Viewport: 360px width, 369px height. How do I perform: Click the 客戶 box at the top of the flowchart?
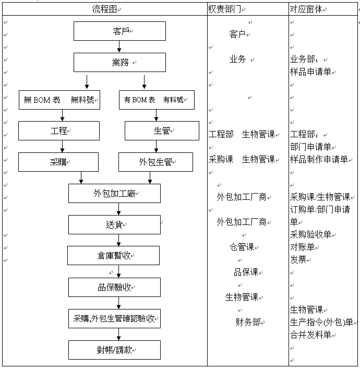(119, 31)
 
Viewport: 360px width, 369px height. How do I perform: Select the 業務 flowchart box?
(119, 62)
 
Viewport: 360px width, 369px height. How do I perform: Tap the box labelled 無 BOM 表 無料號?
(59, 100)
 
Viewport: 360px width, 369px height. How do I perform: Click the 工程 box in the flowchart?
(59, 130)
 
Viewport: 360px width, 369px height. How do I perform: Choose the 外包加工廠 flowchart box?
(114, 193)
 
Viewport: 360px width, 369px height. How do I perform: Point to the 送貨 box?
(114, 224)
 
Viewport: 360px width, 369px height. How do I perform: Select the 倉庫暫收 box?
(113, 255)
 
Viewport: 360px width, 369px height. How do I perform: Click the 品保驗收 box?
(114, 287)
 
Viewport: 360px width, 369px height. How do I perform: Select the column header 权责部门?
(225, 9)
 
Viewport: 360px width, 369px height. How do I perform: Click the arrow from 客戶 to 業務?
(119, 46)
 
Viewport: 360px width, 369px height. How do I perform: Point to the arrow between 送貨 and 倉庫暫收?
(119, 240)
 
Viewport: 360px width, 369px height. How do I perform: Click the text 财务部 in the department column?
(248, 322)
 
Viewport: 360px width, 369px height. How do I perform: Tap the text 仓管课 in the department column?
(242, 247)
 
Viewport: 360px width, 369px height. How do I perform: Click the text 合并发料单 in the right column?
(311, 335)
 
